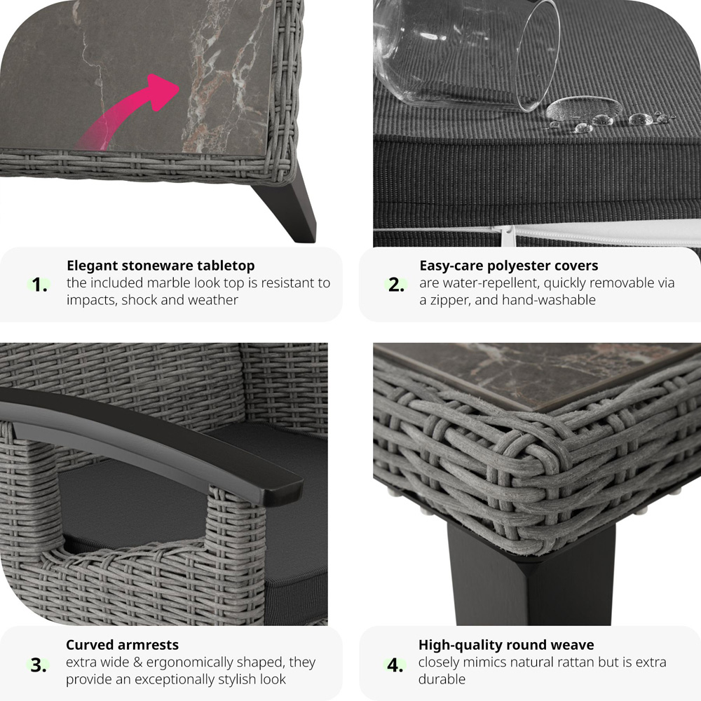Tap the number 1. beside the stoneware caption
point(39,285)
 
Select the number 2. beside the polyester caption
point(396,285)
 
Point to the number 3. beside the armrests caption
point(39,665)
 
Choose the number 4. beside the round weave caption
point(395,665)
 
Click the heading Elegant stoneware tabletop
point(161,266)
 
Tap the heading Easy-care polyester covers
point(508,266)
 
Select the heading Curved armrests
point(122,645)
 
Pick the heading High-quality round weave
point(506,645)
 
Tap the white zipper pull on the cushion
point(507,235)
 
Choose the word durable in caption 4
point(442,679)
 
